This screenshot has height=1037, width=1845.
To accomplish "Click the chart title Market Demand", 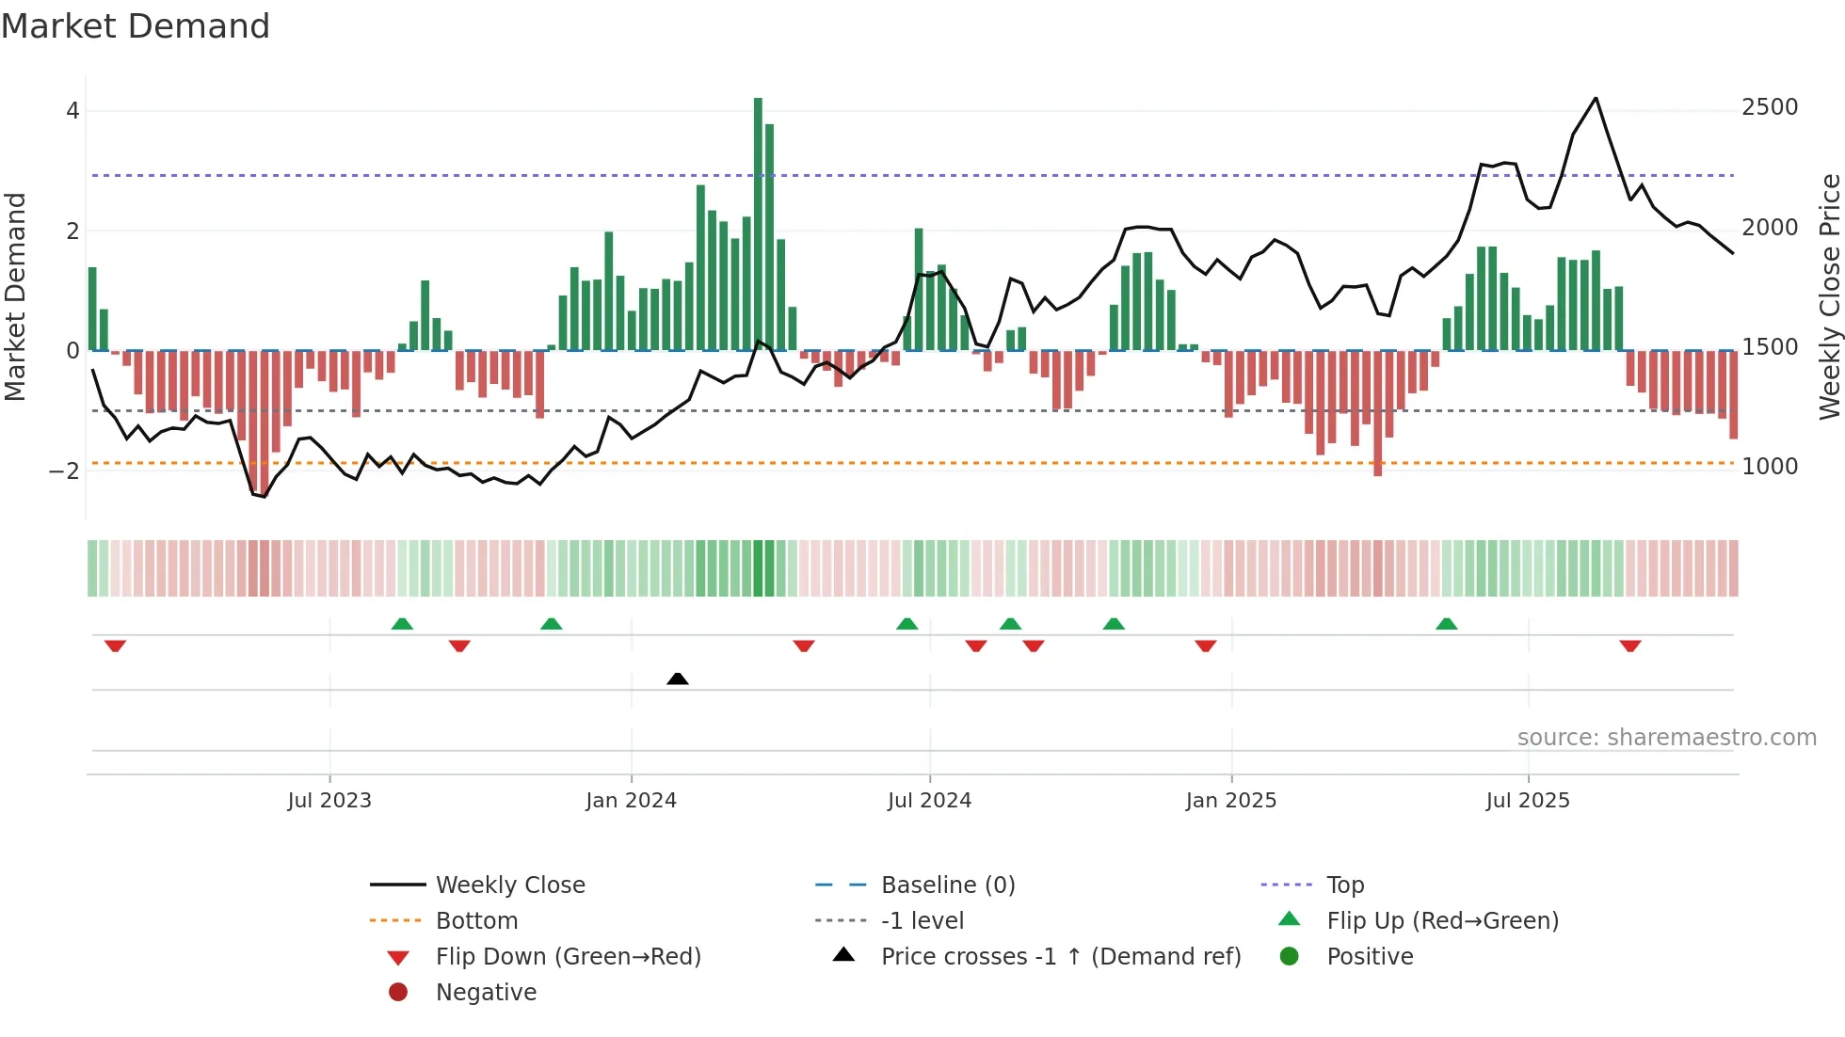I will (136, 25).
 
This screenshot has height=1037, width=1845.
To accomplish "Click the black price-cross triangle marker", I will (678, 678).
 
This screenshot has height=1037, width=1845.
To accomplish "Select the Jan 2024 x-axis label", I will (631, 801).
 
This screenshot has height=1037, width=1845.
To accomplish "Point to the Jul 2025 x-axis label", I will (1528, 801).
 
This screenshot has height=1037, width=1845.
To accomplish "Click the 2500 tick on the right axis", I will (1770, 107).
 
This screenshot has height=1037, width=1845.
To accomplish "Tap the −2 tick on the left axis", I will (64, 471).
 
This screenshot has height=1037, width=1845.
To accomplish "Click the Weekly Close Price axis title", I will (1829, 296).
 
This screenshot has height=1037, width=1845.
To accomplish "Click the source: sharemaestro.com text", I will (1666, 738).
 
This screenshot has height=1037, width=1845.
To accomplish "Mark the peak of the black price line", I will (1596, 98).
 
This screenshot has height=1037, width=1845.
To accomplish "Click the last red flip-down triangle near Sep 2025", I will (1630, 646).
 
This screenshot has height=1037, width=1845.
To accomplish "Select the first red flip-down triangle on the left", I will (115, 646).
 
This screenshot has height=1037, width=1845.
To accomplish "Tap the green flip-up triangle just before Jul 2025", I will (1447, 624).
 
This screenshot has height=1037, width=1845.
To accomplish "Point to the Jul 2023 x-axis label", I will (329, 801).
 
